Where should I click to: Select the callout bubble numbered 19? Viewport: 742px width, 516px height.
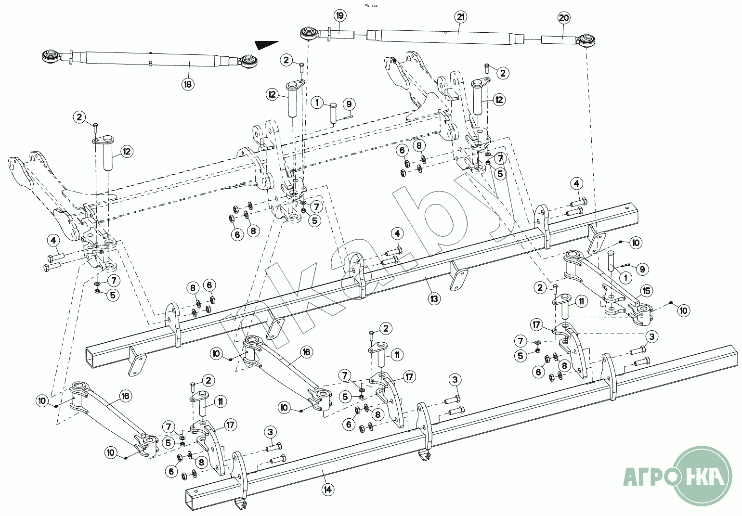[x=339, y=16]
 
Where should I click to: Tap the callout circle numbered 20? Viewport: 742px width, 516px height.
[x=564, y=18]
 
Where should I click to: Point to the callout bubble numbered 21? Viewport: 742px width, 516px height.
[x=461, y=17]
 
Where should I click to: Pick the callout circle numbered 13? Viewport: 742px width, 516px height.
[x=434, y=298]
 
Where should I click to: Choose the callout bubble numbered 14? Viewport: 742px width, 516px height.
[x=328, y=490]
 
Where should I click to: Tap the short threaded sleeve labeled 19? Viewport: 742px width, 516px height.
[x=343, y=35]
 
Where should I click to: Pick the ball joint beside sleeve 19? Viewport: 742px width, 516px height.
[x=308, y=34]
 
